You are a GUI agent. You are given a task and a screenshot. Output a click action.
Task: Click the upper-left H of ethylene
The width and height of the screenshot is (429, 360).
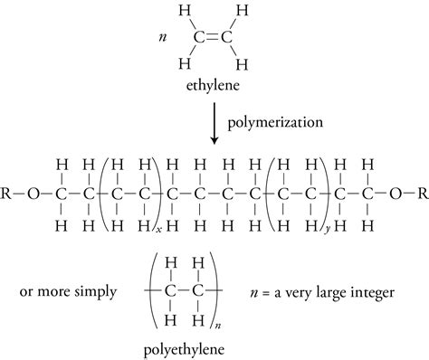click(184, 12)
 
